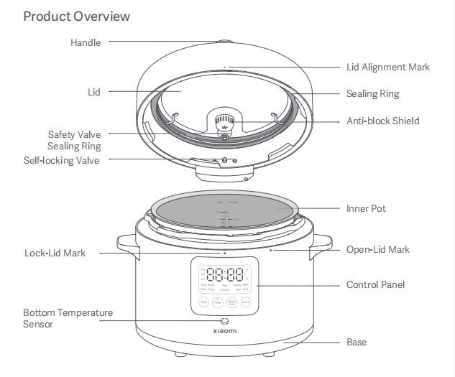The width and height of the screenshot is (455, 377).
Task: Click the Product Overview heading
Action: click(77, 16)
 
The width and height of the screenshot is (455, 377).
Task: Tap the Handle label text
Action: click(86, 42)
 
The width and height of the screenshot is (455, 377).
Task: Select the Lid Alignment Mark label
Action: click(387, 67)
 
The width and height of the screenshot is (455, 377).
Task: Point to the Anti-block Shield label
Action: click(382, 121)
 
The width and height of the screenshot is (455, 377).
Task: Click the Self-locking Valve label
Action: click(61, 160)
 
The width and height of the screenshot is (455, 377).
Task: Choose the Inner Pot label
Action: click(366, 208)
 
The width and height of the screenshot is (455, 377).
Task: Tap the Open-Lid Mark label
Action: click(377, 249)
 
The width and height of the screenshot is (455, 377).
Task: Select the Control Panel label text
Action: click(375, 284)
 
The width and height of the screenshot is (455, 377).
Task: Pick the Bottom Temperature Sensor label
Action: click(68, 318)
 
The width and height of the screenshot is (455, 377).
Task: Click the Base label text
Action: click(357, 342)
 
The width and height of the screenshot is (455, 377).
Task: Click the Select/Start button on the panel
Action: click(231, 303)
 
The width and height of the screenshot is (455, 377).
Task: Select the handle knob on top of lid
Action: click(225, 42)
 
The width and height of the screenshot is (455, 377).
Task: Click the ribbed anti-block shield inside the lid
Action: click(225, 120)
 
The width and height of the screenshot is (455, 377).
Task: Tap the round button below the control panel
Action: click(225, 321)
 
